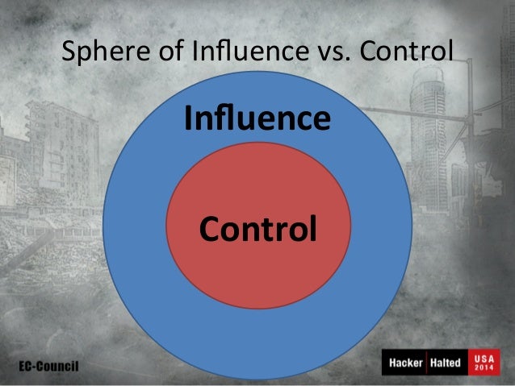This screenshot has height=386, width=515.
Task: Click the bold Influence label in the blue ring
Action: [x=257, y=119]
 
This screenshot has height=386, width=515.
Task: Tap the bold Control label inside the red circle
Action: [x=257, y=230]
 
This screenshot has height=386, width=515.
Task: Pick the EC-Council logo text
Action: [x=49, y=366]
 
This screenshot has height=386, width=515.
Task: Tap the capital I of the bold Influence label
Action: [x=188, y=119]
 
